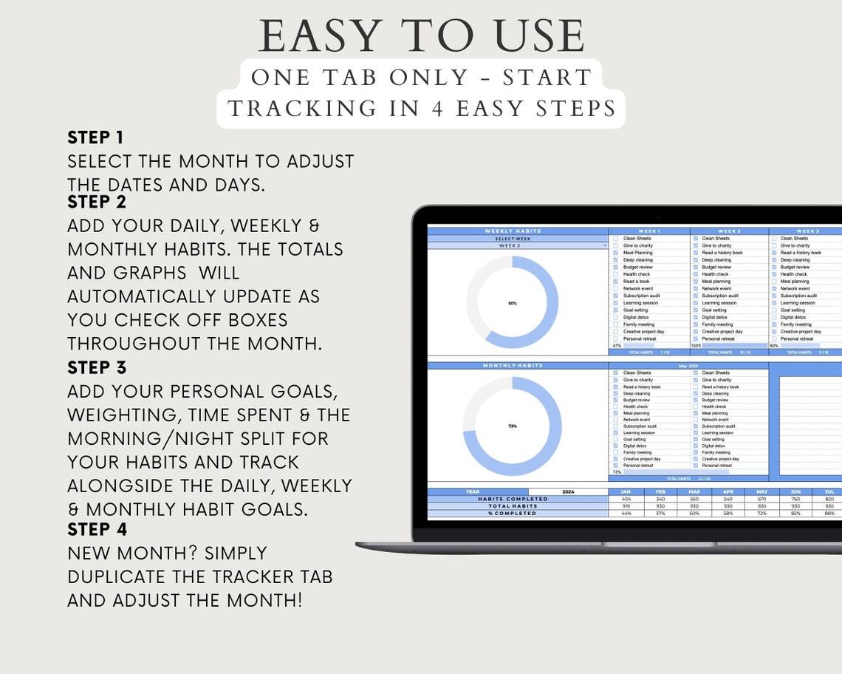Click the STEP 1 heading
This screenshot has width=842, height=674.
95,137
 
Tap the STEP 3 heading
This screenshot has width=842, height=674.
97,368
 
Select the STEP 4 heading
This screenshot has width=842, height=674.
97,529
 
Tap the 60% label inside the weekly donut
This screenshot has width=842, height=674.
513,303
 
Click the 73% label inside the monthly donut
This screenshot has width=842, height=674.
513,426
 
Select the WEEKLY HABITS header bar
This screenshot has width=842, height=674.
518,231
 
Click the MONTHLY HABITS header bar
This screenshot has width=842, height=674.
518,365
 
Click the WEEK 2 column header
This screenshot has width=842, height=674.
728,231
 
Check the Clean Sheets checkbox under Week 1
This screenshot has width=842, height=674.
615,239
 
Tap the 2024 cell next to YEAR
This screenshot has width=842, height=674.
568,491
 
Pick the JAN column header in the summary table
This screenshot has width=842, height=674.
626,491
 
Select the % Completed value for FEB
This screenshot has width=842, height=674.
660,513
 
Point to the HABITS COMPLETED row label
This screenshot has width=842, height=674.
517,499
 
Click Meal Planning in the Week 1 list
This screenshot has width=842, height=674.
637,253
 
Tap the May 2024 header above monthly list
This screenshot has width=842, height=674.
688,365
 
